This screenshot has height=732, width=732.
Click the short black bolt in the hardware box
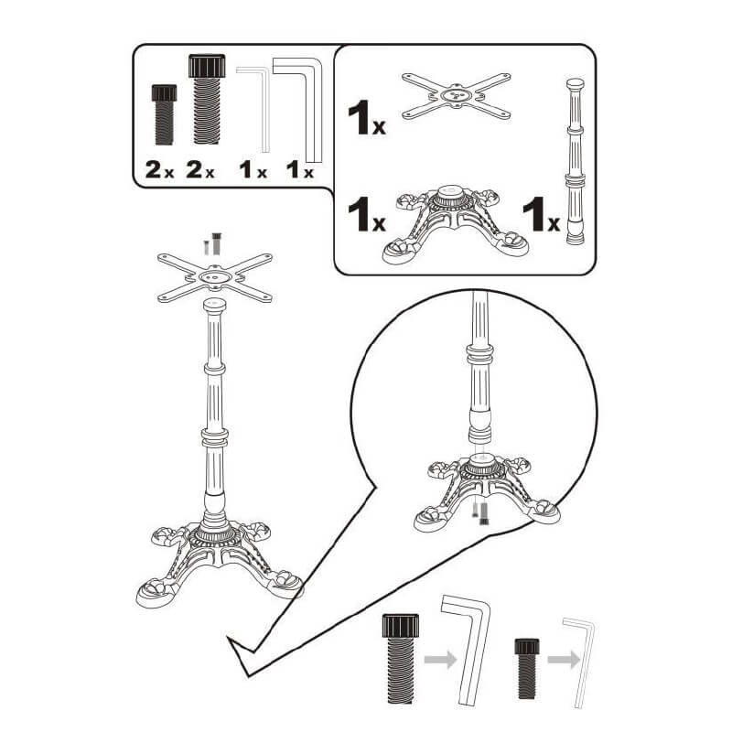click(164, 114)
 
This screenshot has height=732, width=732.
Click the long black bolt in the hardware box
click(207, 99)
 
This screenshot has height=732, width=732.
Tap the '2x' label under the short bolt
click(159, 169)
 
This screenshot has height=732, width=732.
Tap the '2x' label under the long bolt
click(200, 169)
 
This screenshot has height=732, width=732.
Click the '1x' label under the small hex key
click(253, 169)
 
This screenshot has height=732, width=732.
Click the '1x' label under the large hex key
click(300, 169)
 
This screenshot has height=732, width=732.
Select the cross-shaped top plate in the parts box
click(456, 96)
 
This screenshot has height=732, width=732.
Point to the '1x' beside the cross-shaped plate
click(367, 118)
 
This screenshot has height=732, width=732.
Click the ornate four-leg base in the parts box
click(455, 224)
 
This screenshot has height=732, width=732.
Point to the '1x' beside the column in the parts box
click(541, 214)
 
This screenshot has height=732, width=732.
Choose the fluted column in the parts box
click(576, 161)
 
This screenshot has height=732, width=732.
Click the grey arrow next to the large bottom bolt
click(440, 660)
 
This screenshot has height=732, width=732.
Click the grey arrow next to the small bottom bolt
click(564, 660)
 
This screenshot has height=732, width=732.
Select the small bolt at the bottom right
click(527, 669)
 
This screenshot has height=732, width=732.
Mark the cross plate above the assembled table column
click(215, 277)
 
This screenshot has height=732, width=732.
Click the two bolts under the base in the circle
click(479, 511)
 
